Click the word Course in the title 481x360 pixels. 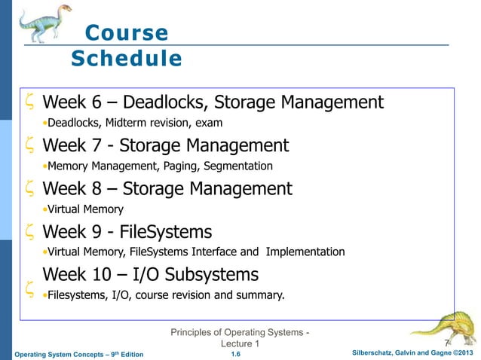click(x=127, y=33)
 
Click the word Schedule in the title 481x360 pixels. click(x=127, y=58)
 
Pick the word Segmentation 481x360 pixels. click(x=237, y=166)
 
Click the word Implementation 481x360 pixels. click(x=305, y=252)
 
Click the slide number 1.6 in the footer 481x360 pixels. click(x=236, y=354)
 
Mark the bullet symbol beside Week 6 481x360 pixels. click(x=28, y=102)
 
